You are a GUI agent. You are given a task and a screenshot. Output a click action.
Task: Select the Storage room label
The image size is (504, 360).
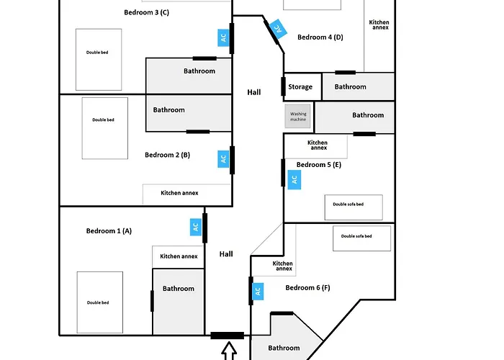point(300,87)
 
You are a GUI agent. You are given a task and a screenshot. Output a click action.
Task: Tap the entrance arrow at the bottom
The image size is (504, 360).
point(229,351)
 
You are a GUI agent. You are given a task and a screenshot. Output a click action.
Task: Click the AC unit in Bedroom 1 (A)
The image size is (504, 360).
point(195,227)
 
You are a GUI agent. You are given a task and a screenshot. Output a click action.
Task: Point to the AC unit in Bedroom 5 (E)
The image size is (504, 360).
point(294,180)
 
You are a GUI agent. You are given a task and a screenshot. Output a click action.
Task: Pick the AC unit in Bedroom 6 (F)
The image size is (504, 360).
point(258,292)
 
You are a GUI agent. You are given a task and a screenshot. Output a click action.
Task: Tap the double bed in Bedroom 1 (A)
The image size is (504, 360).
point(99,301)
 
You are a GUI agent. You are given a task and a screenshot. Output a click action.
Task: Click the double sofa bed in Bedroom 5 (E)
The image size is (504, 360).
point(353,207)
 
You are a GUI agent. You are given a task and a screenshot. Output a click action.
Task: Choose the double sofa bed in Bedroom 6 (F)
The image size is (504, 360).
point(361,238)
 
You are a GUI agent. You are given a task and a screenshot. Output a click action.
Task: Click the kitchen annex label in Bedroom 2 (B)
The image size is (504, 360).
point(179,193)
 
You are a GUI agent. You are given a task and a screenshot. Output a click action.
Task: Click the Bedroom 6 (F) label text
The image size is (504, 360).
point(307,288)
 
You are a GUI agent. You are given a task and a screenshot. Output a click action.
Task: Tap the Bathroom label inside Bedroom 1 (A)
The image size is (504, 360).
point(178,289)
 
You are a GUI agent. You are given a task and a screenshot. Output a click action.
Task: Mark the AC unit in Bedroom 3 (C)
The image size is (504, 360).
point(223,37)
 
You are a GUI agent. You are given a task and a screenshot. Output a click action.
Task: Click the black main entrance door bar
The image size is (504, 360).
point(227,336)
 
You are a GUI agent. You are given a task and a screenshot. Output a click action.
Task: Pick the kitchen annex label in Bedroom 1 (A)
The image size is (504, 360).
point(179,256)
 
